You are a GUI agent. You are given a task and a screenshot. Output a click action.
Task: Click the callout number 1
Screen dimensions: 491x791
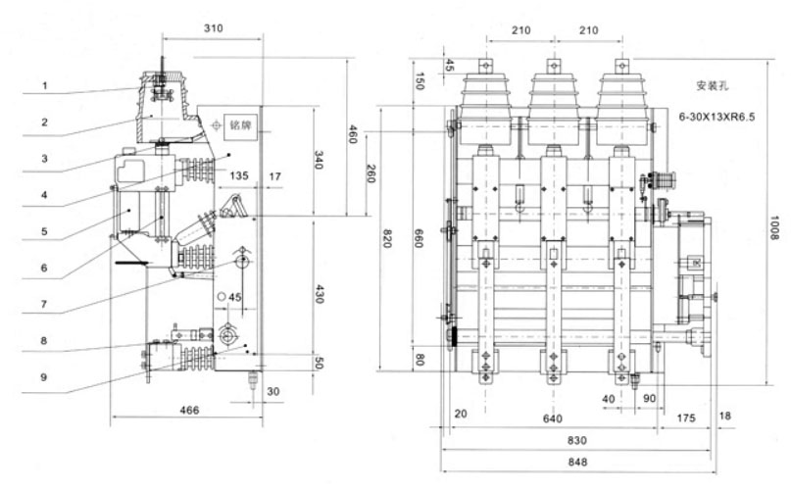(x=45, y=85)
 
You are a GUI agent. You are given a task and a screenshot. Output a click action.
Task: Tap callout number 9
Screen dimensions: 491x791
(x=45, y=376)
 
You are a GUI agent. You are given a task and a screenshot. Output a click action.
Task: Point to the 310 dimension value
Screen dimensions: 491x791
(x=213, y=28)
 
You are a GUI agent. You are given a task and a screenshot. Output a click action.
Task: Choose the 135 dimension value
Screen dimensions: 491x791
(x=238, y=177)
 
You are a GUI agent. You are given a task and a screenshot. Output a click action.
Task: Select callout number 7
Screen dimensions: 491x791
(x=45, y=305)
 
